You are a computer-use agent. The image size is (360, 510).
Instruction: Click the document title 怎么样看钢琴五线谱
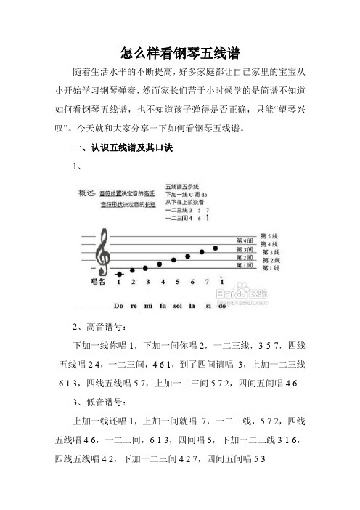tap(180, 54)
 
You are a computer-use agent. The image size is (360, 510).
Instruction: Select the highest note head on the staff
tap(216, 248)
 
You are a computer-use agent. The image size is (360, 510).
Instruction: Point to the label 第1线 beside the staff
tap(269, 269)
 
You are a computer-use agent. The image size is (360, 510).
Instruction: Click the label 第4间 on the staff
tap(246, 240)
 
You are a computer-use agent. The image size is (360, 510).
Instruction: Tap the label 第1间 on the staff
tap(246, 265)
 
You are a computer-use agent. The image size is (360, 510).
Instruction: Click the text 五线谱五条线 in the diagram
tap(181, 187)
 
